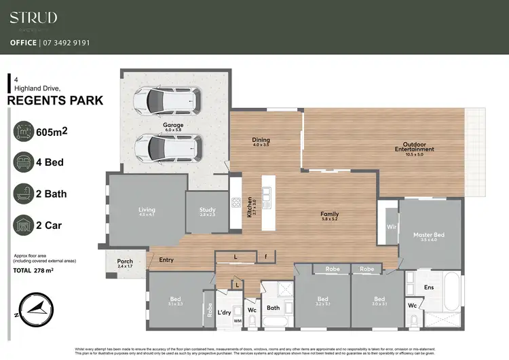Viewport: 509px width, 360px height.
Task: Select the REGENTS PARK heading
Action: (x=55, y=101)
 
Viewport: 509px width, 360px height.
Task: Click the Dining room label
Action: (x=261, y=142)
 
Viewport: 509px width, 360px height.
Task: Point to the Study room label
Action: (x=207, y=212)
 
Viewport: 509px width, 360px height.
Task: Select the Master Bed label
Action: (x=428, y=236)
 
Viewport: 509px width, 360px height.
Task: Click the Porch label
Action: (x=125, y=263)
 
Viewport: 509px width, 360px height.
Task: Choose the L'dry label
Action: (x=224, y=313)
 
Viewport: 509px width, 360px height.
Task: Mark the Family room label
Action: (x=330, y=216)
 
